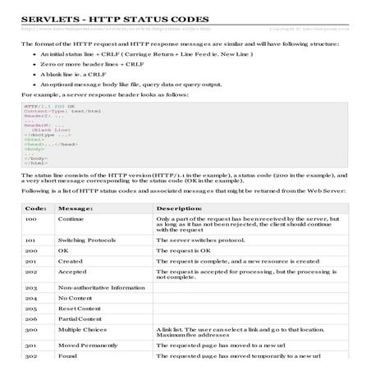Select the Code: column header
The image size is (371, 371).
(35, 208)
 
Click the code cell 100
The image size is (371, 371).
(31, 219)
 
